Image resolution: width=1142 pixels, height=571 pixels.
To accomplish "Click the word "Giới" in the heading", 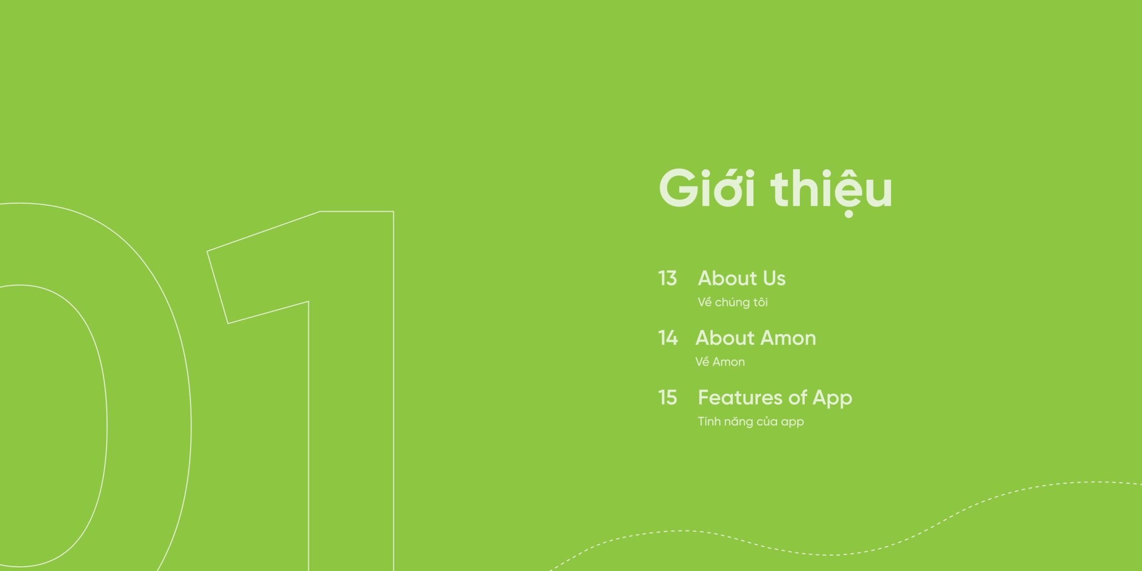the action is pos(707,188).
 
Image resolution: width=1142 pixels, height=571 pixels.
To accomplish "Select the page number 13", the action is pos(667,278).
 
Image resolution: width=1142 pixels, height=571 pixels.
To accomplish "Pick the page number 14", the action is pos(668,338).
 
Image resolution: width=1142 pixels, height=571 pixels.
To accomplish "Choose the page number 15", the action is pos(667,397).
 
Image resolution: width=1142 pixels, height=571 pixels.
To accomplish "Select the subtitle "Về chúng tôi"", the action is pos(732,302).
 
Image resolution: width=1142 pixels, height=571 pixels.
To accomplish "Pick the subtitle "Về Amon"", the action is pos(720,362).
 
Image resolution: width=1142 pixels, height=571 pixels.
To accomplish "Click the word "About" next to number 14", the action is pos(724,338).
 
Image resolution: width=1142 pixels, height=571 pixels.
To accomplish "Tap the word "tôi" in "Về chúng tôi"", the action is pos(759,302).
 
